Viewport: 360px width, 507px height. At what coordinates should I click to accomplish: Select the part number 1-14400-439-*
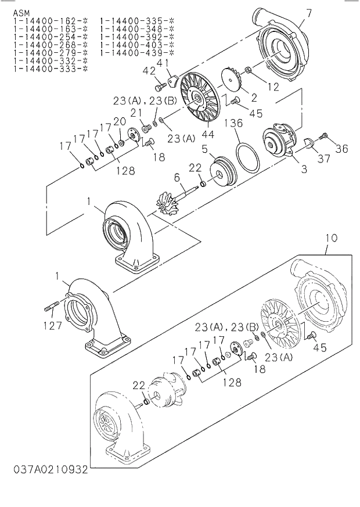[x=136, y=53]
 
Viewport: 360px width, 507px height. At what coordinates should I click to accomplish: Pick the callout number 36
[x=341, y=149]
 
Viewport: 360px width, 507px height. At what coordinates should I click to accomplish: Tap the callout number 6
[x=177, y=179]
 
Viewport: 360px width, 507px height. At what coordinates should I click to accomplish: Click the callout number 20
[x=120, y=121]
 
